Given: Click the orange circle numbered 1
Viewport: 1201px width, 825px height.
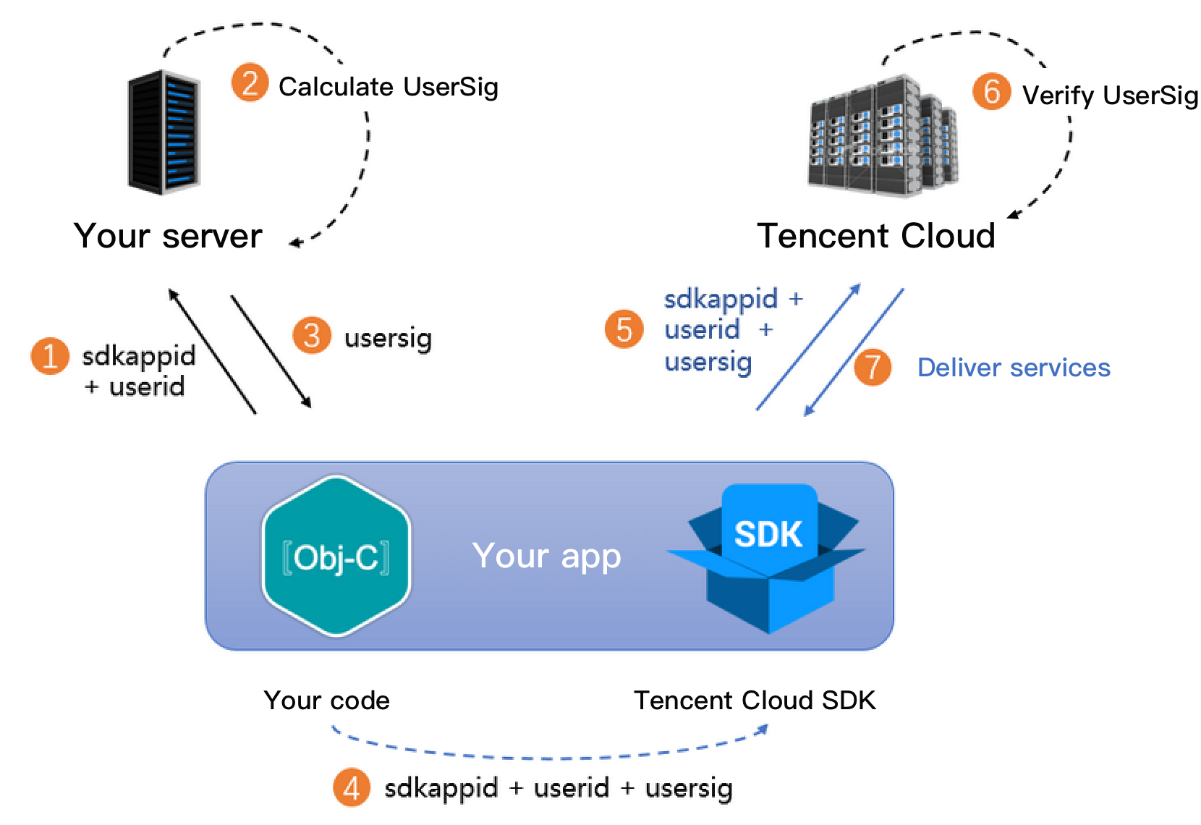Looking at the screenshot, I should pos(50,357).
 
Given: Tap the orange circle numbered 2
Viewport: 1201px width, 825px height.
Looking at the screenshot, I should pos(250,83).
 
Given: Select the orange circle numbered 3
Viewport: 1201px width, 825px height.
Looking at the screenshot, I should pos(312,336).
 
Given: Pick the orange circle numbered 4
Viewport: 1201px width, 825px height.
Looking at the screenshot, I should pos(352,787).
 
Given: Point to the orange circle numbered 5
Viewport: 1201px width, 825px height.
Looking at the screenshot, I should pos(624,329).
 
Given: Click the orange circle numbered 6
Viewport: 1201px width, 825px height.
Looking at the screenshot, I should pos(991,92).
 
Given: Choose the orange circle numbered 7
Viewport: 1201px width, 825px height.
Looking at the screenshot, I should pos(873,366).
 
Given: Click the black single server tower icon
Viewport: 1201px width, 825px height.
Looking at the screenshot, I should pos(164,132).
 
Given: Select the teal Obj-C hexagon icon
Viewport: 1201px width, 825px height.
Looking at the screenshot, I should pos(336,556).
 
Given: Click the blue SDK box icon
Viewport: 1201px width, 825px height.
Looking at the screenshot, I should pos(768,557).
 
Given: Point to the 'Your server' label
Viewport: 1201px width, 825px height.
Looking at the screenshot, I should pos(168,236).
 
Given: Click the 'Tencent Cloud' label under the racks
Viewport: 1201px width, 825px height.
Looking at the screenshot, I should pos(875,236).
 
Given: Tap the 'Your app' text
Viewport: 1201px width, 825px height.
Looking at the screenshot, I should pos(546,556).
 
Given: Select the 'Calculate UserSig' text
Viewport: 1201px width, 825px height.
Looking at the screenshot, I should pos(388,87).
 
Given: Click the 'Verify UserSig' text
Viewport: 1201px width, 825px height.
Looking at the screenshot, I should pos(1110,95).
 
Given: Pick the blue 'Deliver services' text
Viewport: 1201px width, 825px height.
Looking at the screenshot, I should pos(1013,368).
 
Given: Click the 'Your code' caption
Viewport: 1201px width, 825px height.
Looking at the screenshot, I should pos(326,700).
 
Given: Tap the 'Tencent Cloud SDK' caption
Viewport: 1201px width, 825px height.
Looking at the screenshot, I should pos(755,700).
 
